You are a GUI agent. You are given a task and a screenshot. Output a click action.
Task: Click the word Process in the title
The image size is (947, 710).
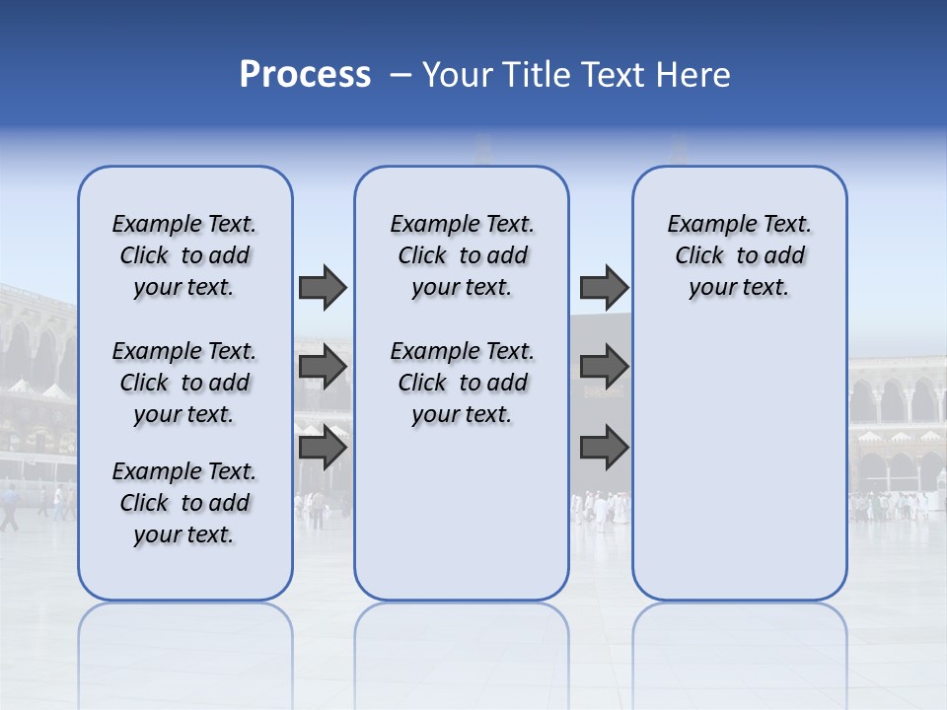(x=305, y=75)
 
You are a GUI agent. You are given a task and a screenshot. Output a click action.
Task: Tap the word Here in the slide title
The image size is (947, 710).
(x=694, y=75)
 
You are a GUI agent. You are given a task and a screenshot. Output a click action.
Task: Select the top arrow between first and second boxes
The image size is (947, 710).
(x=323, y=287)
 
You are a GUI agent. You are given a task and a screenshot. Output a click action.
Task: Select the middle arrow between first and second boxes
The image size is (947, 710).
(x=323, y=367)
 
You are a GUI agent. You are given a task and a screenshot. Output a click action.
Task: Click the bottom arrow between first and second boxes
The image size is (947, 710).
(x=323, y=447)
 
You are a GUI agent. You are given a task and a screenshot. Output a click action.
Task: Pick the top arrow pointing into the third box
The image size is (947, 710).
(x=604, y=287)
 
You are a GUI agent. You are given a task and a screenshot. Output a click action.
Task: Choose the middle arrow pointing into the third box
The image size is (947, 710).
(x=604, y=367)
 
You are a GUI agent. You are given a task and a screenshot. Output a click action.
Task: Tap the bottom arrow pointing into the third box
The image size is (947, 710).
(x=604, y=447)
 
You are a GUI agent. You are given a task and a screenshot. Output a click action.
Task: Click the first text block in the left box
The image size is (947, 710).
(x=184, y=255)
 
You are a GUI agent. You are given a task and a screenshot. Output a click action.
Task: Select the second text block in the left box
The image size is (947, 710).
(x=184, y=383)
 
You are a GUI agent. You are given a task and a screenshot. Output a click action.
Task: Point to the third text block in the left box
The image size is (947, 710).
(x=184, y=503)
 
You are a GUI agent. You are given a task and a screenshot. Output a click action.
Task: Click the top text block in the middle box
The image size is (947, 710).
(x=463, y=255)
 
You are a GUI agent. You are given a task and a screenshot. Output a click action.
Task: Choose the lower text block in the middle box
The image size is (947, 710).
(x=463, y=383)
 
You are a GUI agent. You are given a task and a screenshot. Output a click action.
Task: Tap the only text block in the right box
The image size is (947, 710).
(x=740, y=255)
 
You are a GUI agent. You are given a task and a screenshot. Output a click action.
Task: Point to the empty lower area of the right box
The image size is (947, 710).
(x=740, y=454)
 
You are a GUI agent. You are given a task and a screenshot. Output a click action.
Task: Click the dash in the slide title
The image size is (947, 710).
(x=401, y=75)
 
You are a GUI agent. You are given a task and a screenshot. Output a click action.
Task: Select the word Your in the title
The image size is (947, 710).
(x=457, y=75)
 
